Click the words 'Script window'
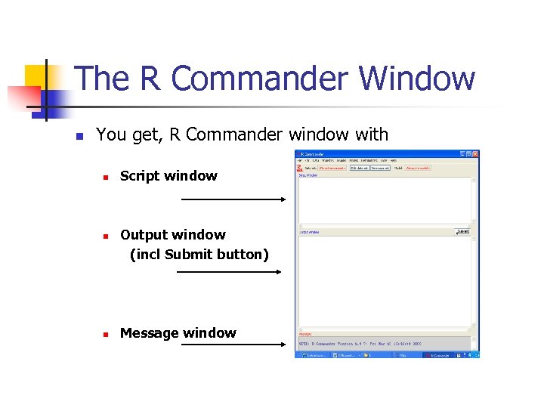click(x=168, y=176)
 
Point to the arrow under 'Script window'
click(x=233, y=199)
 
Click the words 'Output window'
click(x=173, y=235)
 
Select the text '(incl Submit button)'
click(x=199, y=255)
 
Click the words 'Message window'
click(x=178, y=333)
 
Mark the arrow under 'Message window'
click(x=233, y=345)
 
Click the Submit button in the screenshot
click(x=463, y=232)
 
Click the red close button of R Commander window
click(x=475, y=154)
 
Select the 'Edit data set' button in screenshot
click(x=360, y=168)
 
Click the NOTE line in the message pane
click(x=370, y=344)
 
